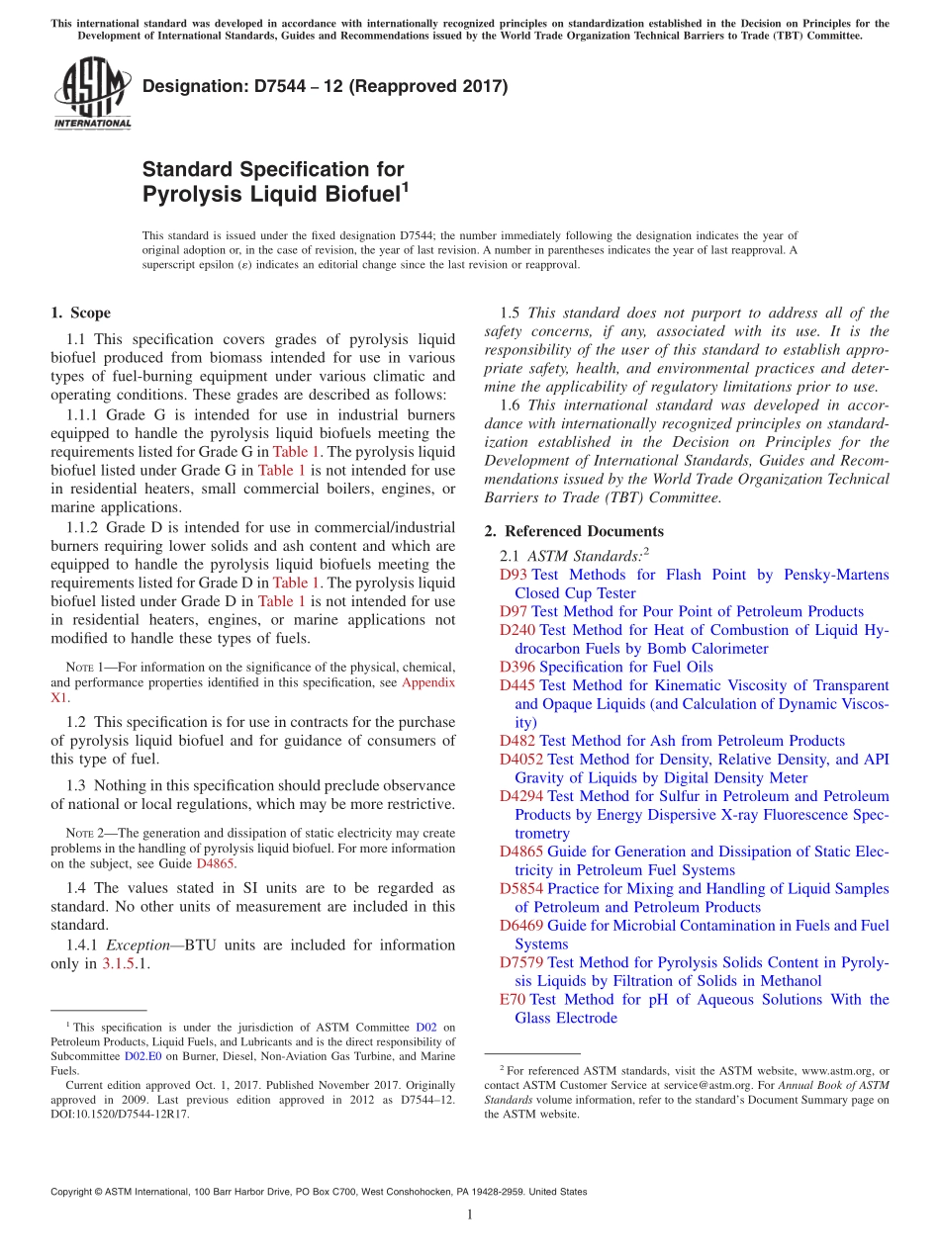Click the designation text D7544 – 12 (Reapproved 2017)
coord(325,86)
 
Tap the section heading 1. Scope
coord(80,314)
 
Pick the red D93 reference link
coord(514,575)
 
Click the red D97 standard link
coord(514,611)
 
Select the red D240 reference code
coord(517,630)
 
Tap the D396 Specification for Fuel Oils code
coord(517,667)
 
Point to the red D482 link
coord(517,741)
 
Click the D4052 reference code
coord(521,760)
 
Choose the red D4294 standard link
coord(521,796)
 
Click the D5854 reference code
coord(521,888)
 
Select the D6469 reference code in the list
coord(521,926)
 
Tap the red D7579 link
coord(521,962)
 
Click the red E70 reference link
coord(513,1000)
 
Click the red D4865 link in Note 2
coord(215,863)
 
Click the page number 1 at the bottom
coord(470,1214)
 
